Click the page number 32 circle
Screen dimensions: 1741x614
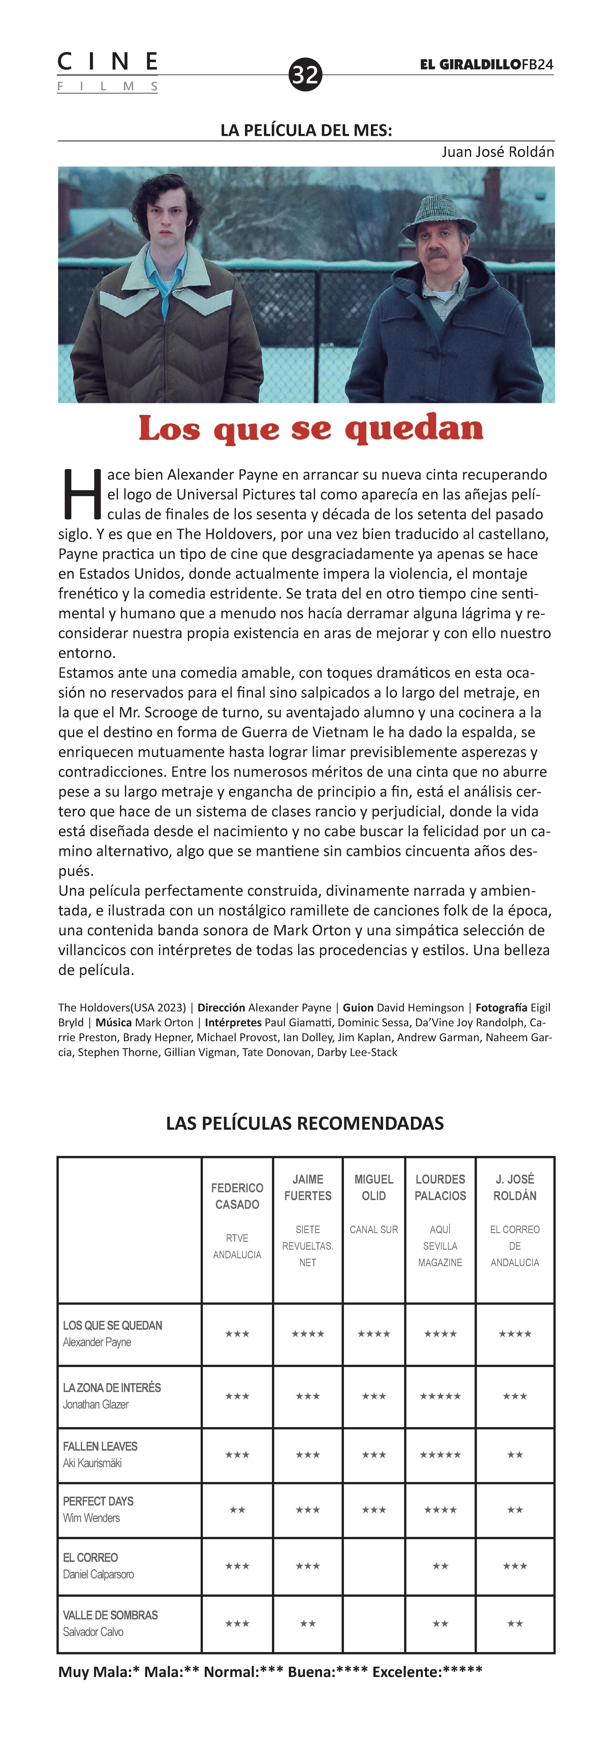[x=305, y=74]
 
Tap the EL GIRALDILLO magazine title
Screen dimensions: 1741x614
[x=470, y=65]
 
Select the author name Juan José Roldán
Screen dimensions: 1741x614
[x=497, y=152]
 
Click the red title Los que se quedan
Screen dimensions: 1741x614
[x=311, y=428]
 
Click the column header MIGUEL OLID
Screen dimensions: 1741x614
[x=374, y=1187]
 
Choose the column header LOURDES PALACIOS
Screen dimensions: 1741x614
[x=440, y=1187]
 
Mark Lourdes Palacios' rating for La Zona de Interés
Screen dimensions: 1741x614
[x=440, y=1396]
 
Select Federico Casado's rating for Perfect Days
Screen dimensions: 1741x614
[x=237, y=1510]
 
